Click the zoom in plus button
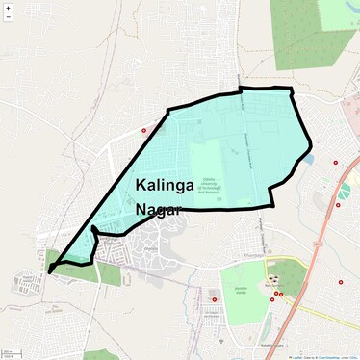(x=9, y=8)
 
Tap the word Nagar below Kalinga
(x=159, y=208)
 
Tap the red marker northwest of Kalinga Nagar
(x=144, y=130)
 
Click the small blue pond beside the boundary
(x=308, y=159)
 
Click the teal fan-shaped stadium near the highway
(x=344, y=190)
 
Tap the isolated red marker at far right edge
(x=341, y=282)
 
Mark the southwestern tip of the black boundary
(x=49, y=271)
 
